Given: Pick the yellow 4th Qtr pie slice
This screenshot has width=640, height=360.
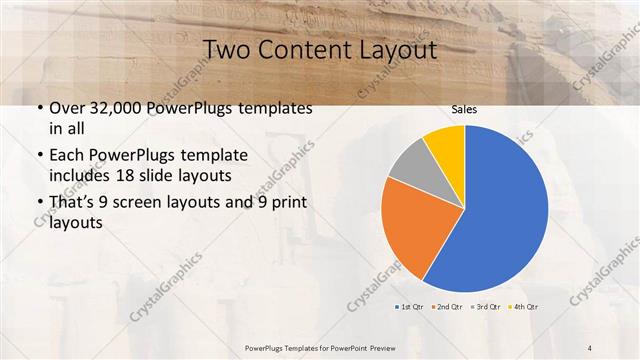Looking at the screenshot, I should pos(446,146).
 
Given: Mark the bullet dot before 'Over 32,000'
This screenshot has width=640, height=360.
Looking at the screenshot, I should pos(38,108).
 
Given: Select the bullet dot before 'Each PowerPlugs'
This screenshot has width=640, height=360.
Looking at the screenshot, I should pos(38,157).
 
